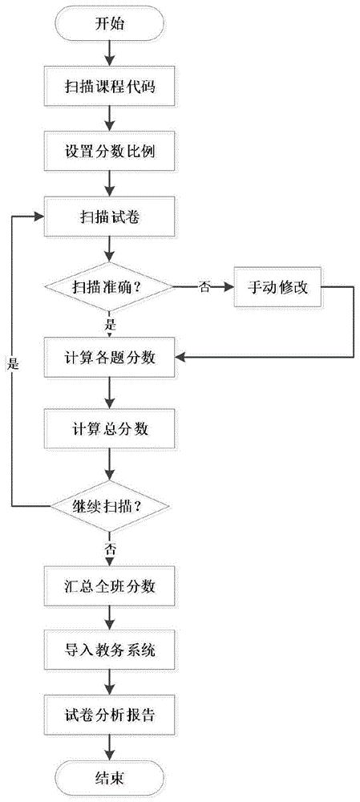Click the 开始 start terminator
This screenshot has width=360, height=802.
(x=109, y=24)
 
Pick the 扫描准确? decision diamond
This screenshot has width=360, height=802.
(x=109, y=287)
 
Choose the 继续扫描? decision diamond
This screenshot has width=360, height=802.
(x=109, y=506)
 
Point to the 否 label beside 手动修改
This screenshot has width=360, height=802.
(x=203, y=287)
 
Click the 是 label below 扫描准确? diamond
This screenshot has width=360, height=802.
(x=109, y=323)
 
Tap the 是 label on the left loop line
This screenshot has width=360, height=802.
(x=14, y=364)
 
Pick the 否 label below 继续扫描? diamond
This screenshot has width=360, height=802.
(x=109, y=550)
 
